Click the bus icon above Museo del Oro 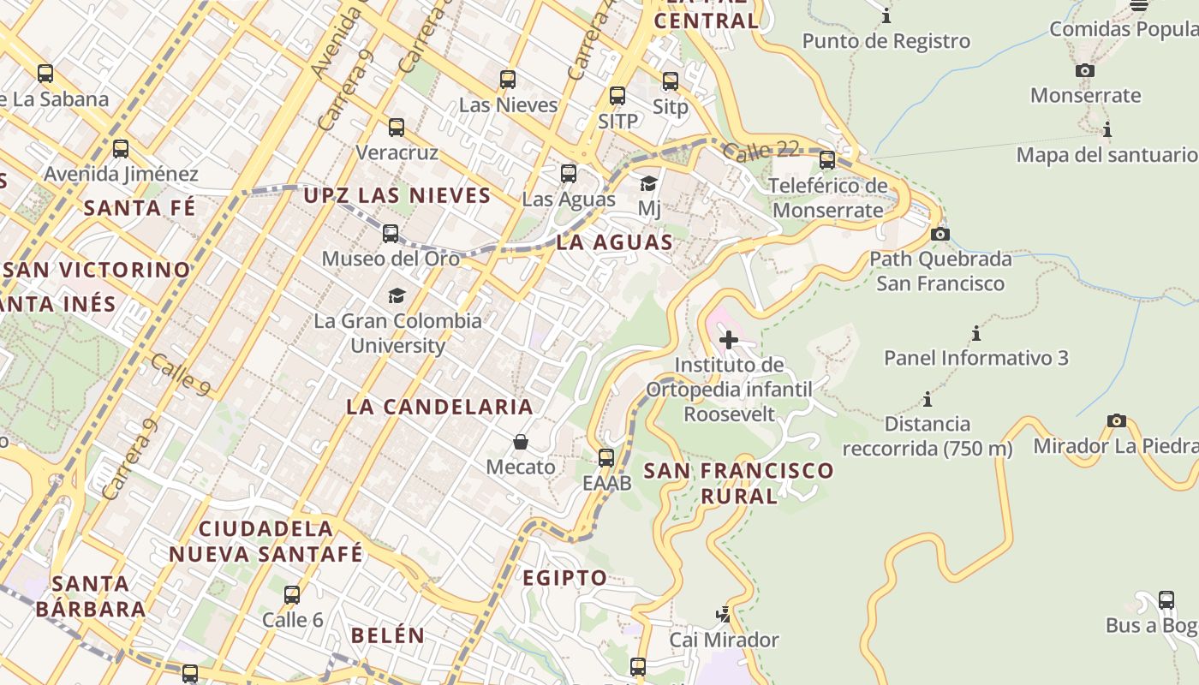(x=391, y=233)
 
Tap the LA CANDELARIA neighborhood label (x=440, y=407)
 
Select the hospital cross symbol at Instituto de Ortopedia (x=729, y=340)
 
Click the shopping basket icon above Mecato (x=521, y=442)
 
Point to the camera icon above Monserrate (x=1085, y=70)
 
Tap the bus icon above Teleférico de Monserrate (x=827, y=160)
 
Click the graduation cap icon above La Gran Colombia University (x=397, y=295)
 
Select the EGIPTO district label (x=565, y=578)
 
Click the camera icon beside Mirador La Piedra (x=1117, y=420)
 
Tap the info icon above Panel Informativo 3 (x=975, y=333)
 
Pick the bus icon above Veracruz (x=397, y=128)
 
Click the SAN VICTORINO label (x=97, y=270)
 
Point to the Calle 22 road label (x=761, y=152)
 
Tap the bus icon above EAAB (x=606, y=458)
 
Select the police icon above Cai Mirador (x=724, y=614)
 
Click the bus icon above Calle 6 (x=292, y=594)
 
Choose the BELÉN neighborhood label (x=388, y=635)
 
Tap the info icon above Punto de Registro (x=886, y=15)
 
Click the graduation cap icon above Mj (x=649, y=183)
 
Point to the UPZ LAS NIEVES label (x=397, y=195)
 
